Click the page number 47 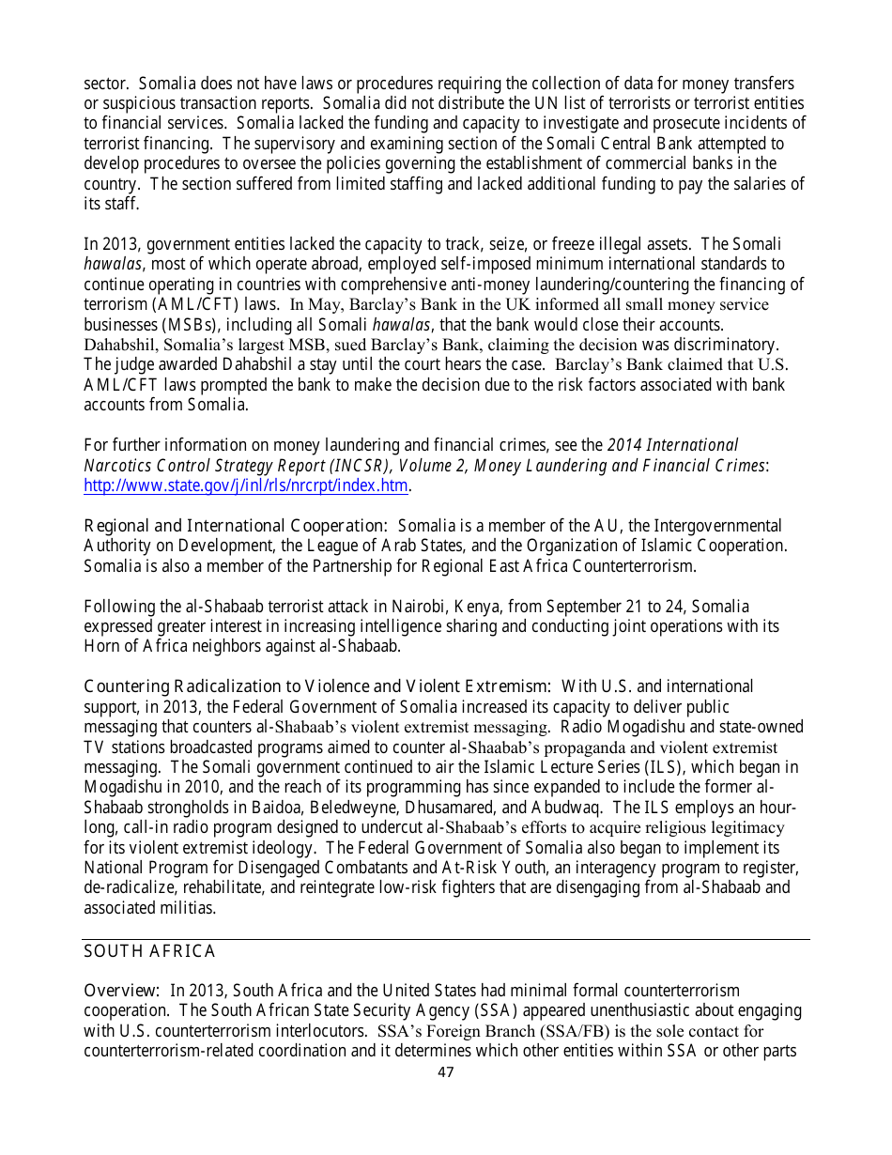[x=446, y=1071]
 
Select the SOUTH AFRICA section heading [x=149, y=951]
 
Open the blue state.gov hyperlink [x=246, y=485]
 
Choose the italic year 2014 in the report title [x=626, y=445]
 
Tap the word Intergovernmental [x=717, y=526]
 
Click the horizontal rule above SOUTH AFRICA [x=446, y=939]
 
